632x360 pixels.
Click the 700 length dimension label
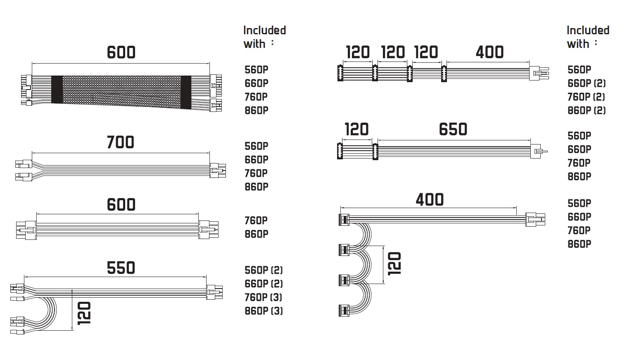(x=121, y=142)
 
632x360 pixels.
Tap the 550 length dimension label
(x=121, y=268)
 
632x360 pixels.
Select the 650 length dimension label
(x=453, y=129)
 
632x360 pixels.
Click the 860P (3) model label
(x=264, y=311)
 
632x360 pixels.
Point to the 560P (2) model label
(x=264, y=270)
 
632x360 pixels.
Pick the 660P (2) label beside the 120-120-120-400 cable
(x=587, y=83)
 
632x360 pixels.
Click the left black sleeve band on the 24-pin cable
(x=57, y=89)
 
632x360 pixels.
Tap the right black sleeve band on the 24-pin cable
(x=186, y=92)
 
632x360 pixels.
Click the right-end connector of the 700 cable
(x=218, y=171)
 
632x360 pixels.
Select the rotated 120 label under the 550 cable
(x=84, y=313)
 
